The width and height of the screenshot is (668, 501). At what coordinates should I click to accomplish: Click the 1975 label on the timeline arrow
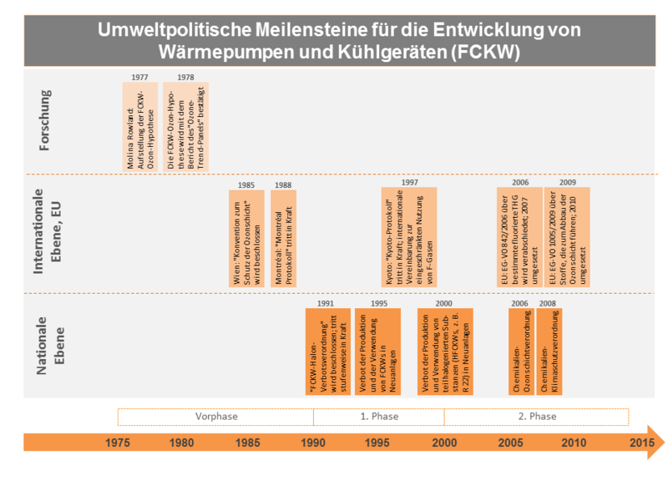coord(118,443)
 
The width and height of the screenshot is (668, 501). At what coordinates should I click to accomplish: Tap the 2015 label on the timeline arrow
coord(641,443)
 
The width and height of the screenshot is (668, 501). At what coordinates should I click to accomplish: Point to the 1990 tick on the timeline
coord(314,443)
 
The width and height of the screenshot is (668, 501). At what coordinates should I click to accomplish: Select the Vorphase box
coord(215,416)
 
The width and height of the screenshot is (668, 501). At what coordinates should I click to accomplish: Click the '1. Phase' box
coord(378,416)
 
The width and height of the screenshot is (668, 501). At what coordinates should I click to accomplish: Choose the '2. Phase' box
coord(536,416)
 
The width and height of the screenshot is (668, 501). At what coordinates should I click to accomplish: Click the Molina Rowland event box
coord(139,125)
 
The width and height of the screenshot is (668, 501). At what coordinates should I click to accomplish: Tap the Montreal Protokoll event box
coord(282,239)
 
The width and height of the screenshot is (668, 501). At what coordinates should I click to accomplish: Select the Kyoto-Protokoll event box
coord(409,239)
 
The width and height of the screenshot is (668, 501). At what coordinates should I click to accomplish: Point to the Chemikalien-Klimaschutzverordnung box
coord(549,352)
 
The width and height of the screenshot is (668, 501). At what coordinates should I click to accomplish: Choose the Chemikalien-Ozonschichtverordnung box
coord(519,352)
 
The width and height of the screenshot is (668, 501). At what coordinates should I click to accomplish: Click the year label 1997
coord(409,182)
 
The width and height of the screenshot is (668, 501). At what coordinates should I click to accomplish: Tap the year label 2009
coord(567,182)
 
